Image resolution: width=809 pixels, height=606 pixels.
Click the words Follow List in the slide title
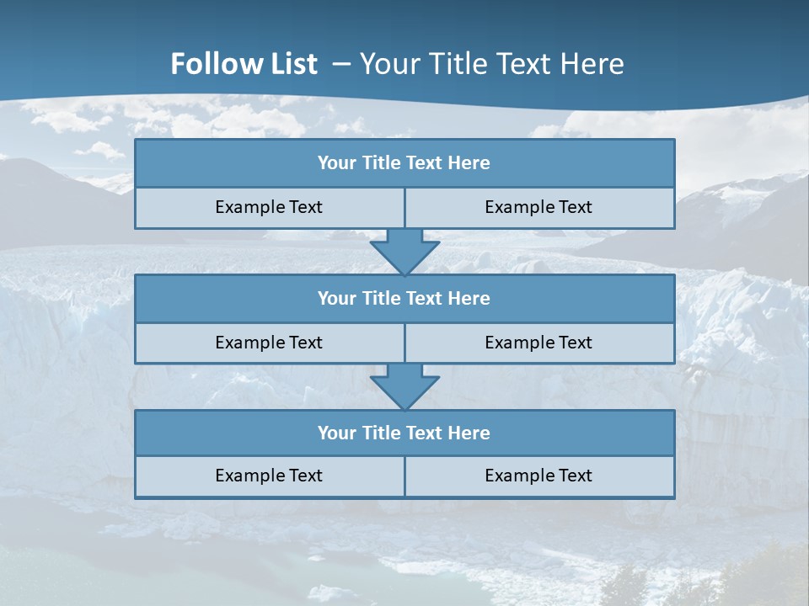click(244, 64)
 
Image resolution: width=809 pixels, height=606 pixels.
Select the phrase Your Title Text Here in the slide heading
click(492, 64)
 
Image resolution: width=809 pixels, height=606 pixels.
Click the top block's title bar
click(404, 163)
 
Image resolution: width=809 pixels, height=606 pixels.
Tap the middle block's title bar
click(404, 298)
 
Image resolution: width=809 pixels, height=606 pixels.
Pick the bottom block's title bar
click(404, 433)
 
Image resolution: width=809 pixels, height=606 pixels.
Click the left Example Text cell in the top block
click(269, 207)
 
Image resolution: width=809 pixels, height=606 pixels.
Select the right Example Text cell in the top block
click(538, 207)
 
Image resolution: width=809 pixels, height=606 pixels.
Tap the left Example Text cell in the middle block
click(269, 343)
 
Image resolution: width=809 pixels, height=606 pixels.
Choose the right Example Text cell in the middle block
click(538, 343)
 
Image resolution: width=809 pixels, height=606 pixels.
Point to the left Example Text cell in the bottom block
click(269, 476)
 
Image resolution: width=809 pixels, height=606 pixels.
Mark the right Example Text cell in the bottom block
click(538, 476)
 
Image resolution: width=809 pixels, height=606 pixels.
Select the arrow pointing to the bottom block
click(404, 386)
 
